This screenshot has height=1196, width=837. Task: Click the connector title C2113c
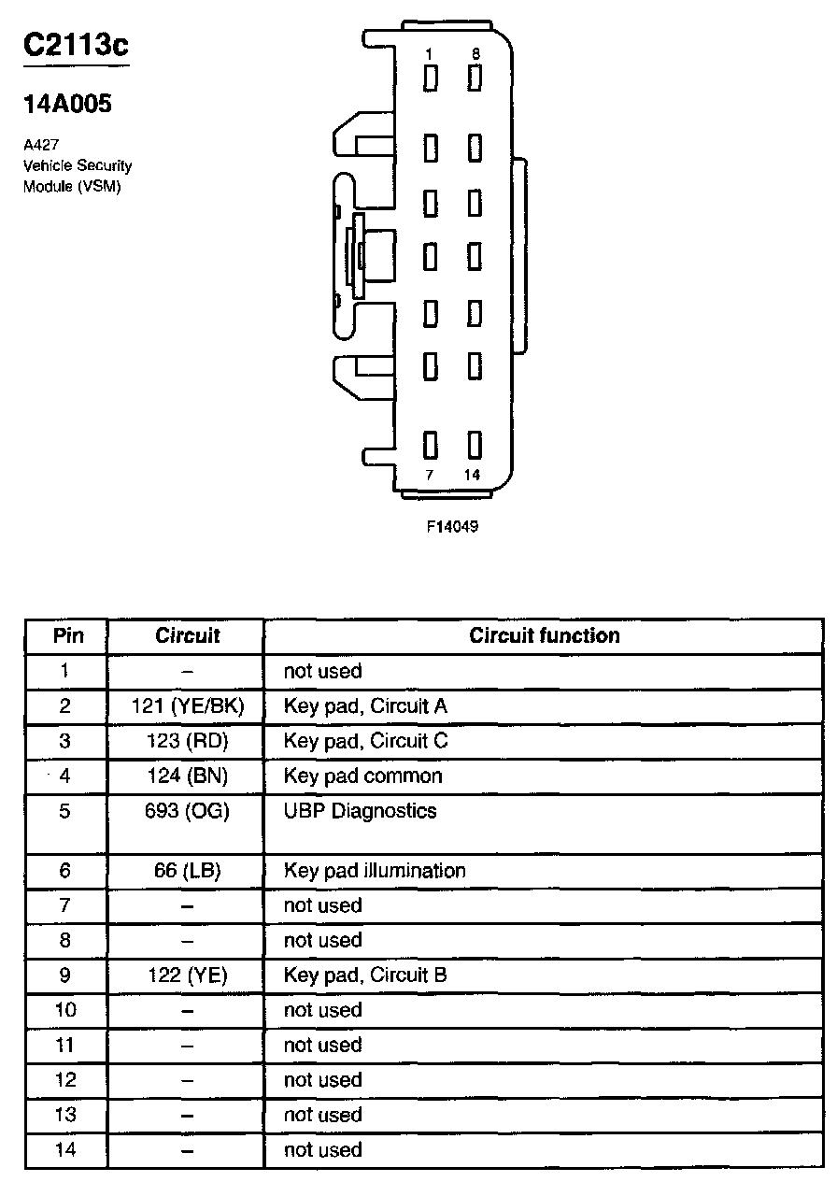pos(76,47)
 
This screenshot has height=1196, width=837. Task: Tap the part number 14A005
pos(68,104)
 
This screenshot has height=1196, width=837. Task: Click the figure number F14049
pos(452,526)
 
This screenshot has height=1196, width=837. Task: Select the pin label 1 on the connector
pos(429,54)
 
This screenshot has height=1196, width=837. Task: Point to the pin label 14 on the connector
pos(472,475)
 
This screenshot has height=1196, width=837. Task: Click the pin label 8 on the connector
pos(475,54)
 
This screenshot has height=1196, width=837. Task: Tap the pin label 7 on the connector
pos(430,475)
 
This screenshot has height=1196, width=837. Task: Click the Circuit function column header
pos(544,636)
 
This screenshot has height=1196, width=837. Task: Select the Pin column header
pos(67,636)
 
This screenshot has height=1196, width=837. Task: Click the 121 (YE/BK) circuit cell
pos(188,706)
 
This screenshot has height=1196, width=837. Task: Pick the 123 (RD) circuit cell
pos(188,741)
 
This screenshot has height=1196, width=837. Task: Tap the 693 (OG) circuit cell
pos(188,811)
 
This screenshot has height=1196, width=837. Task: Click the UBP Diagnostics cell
pos(360,811)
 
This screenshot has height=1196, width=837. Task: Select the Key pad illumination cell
pos(375,871)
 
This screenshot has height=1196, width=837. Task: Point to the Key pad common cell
pos(362,776)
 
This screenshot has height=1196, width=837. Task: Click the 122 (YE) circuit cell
pos(188,975)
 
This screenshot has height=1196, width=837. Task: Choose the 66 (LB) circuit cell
pos(188,871)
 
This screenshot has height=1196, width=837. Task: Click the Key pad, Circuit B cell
pos(365,975)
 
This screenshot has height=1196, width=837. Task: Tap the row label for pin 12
pos(65,1080)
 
